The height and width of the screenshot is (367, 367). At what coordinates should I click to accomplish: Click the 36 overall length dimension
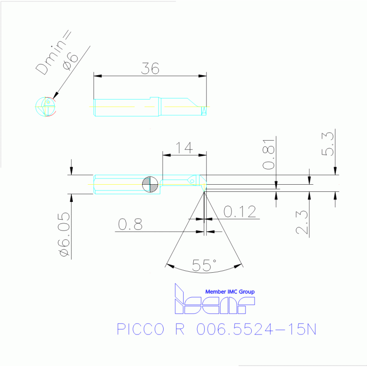coord(150,69)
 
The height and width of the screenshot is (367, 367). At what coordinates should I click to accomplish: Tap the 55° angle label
coord(204,265)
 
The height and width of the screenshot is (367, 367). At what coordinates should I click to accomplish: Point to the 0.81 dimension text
coord(270,157)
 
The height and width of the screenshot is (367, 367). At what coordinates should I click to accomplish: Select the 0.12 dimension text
coord(240,211)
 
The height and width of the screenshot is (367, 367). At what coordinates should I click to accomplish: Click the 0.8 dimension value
coord(130,224)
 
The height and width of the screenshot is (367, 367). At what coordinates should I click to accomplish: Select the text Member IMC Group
coord(230,291)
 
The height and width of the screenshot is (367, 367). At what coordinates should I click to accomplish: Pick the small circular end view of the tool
coord(46,107)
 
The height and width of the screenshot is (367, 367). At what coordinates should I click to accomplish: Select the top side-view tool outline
coord(150,107)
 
